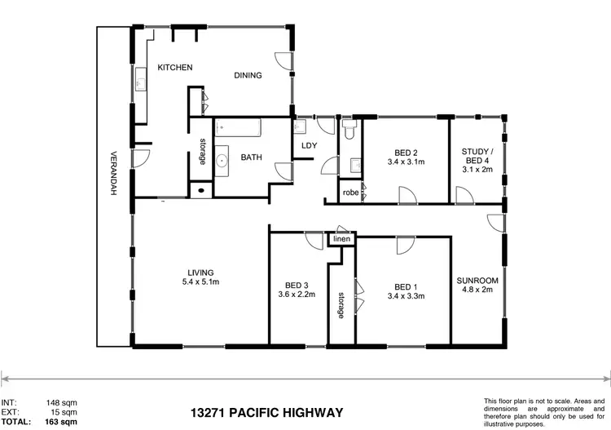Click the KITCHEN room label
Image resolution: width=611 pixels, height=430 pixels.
174,67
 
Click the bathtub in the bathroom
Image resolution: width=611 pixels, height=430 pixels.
237,128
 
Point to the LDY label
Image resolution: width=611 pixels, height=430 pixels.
309,146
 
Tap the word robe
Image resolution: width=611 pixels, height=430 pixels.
349,193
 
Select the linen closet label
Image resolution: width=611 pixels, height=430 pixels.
341,239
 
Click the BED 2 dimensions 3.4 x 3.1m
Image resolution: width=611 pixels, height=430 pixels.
406,162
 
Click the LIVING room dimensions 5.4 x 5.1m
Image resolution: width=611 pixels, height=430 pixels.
200,282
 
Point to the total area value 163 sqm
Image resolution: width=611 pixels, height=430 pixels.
64,422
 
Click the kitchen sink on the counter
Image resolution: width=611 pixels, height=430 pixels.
139,83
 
